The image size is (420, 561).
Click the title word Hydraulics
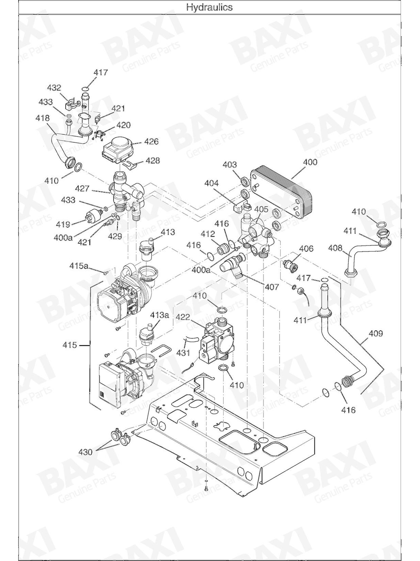(209, 7)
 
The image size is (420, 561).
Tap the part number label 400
(311, 162)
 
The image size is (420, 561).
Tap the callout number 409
(375, 333)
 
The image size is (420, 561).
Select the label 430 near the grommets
(85, 452)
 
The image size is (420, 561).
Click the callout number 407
(272, 287)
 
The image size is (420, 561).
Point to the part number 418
(43, 118)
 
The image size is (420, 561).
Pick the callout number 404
(211, 183)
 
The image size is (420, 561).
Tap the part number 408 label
(335, 248)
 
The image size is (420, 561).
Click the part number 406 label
(306, 249)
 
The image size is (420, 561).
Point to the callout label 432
(54, 88)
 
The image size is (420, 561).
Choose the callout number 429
(115, 236)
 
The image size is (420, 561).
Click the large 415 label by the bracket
(69, 345)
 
